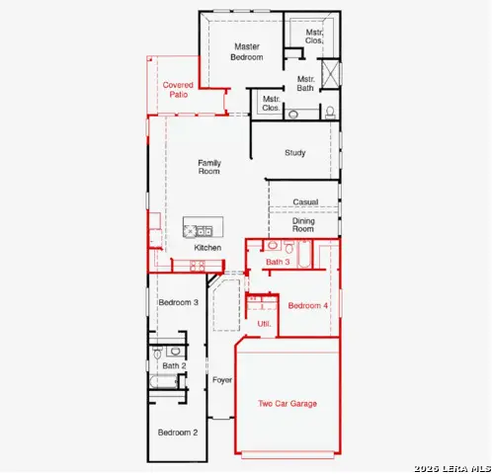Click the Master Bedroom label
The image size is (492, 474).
point(247,51)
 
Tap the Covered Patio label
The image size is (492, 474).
point(178,90)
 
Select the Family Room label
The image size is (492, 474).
point(209,167)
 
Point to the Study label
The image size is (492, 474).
point(295,153)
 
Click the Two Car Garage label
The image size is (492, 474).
point(287,404)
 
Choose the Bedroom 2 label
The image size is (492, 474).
point(178,433)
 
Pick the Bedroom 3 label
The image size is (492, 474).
point(178,302)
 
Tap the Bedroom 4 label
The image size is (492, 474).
point(308,305)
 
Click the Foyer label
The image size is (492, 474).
point(222,380)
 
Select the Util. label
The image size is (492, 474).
point(264,324)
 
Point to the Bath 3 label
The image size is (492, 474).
point(278,262)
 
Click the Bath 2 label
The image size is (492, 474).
point(174,365)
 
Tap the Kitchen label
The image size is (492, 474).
point(207,248)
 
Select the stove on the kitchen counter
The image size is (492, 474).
point(198,266)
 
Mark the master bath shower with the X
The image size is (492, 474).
point(330,73)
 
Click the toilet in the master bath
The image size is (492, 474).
point(330,113)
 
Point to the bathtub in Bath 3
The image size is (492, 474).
point(304,254)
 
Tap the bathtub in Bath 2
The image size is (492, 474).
point(164,382)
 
